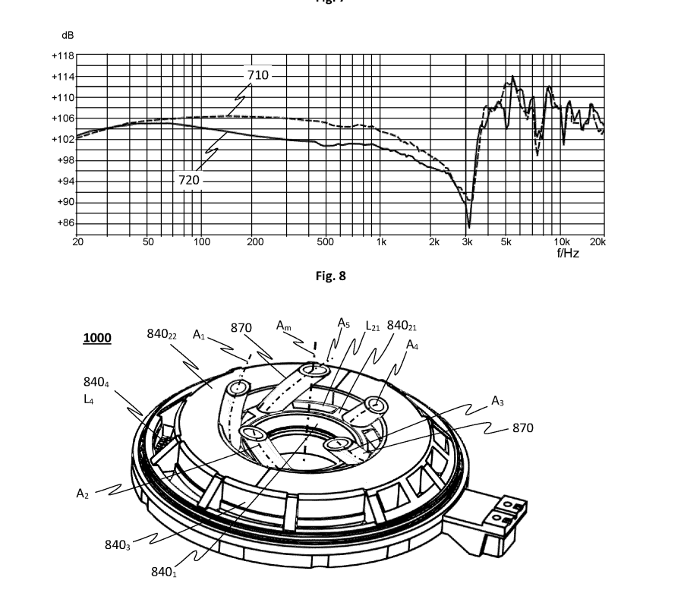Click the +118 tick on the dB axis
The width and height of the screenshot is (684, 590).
[x=63, y=56]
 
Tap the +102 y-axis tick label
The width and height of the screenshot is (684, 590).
[x=63, y=140]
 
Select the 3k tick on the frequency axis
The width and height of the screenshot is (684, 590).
[x=468, y=242]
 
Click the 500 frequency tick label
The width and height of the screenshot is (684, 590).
[x=325, y=242]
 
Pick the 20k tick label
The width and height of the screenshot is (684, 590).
[x=598, y=242]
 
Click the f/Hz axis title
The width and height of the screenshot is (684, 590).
[x=568, y=254]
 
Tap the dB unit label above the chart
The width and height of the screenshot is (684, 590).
[x=68, y=36]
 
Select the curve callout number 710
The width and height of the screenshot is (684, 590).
[x=257, y=75]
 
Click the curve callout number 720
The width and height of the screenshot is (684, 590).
[x=189, y=180]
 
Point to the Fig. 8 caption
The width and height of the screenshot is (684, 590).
[x=330, y=276]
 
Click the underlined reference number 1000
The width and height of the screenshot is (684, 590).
[x=96, y=338]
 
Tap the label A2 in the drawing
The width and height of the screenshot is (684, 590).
[x=83, y=494]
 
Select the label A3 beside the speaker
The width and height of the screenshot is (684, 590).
[x=498, y=401]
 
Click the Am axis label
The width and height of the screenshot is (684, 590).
[x=284, y=326]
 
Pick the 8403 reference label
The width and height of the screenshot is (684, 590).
[x=118, y=544]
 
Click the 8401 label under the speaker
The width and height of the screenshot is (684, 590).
[x=163, y=571]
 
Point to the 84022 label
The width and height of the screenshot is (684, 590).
[x=162, y=335]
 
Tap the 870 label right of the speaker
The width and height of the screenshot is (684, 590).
[x=522, y=428]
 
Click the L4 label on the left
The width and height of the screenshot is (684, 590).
[x=89, y=399]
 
